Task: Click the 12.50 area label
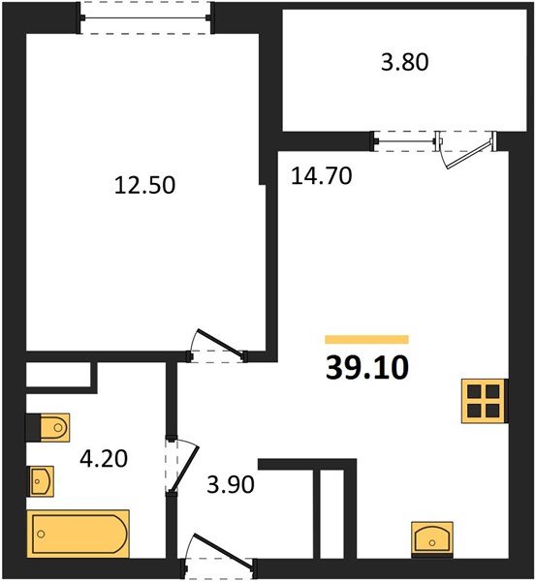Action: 144,185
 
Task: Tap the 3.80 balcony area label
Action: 405,62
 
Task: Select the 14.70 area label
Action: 321,175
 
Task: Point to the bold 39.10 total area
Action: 366,368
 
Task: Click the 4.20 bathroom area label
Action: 104,458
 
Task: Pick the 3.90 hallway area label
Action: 231,484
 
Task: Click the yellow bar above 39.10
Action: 366,340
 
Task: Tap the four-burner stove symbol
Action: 484,401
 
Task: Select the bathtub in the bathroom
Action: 78,534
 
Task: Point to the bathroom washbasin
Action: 41,481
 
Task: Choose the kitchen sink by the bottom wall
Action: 432,539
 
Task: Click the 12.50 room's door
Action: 217,346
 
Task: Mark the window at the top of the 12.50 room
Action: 145,17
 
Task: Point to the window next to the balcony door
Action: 404,141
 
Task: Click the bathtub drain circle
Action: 41,534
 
